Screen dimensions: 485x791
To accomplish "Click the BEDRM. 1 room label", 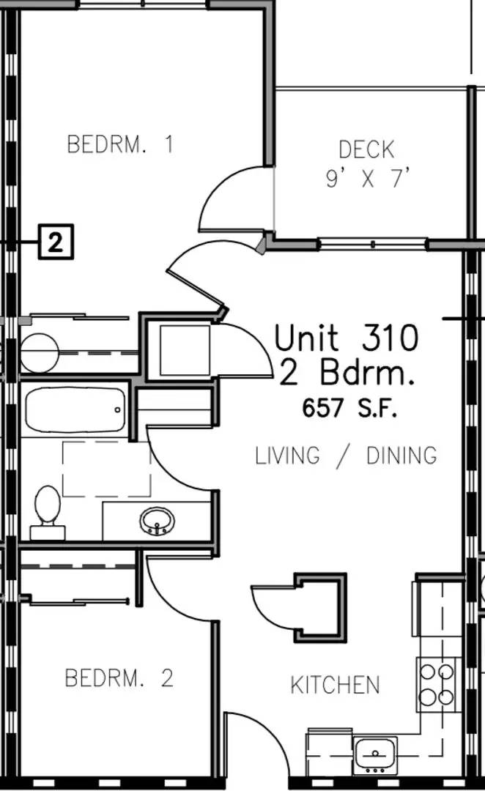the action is click(120, 144).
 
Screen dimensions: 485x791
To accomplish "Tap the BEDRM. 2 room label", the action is click(119, 677).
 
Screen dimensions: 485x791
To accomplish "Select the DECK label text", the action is click(366, 150).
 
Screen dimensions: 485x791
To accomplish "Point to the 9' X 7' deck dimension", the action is click(367, 179).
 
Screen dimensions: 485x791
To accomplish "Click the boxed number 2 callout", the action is click(56, 242).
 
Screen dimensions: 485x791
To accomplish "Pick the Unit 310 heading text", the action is click(347, 338).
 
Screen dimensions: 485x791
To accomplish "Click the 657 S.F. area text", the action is click(349, 408).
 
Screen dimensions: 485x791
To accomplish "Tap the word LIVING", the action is click(287, 455).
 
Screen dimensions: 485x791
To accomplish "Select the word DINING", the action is click(401, 455).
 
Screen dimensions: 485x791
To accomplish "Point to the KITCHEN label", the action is click(335, 685).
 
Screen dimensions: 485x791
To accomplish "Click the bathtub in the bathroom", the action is click(75, 409).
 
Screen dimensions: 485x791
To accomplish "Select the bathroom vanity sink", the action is click(157, 521).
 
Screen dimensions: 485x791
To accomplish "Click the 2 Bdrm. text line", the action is click(347, 374).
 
